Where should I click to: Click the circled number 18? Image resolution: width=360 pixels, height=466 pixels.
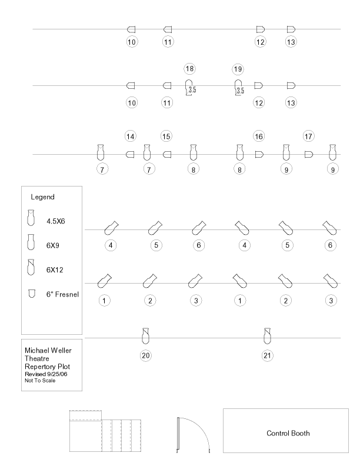(x=189, y=69)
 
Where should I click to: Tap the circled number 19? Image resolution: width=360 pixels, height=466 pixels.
(x=238, y=69)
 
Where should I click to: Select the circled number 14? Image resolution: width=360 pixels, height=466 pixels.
(x=131, y=137)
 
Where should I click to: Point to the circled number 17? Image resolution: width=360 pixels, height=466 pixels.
(x=309, y=137)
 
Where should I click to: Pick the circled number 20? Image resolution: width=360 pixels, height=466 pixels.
(x=145, y=355)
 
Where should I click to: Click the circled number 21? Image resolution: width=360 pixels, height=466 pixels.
(x=267, y=355)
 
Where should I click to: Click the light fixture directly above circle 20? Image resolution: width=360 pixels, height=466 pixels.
(x=145, y=336)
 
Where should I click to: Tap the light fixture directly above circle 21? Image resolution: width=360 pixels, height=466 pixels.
(x=267, y=336)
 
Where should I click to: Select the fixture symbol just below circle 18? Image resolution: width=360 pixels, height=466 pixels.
(x=189, y=87)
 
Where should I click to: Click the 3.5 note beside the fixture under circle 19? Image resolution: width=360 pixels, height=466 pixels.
(x=241, y=91)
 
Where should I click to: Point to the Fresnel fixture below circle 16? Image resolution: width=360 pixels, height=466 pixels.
(x=259, y=155)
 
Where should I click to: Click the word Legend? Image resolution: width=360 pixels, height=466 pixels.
(x=43, y=197)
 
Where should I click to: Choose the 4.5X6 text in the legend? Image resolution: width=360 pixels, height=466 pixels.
(x=55, y=221)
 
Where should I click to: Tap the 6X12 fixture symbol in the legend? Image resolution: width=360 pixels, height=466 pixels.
(x=31, y=267)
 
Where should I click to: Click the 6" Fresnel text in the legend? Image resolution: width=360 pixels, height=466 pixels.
(x=63, y=294)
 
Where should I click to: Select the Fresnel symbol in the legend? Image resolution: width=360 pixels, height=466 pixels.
(x=32, y=294)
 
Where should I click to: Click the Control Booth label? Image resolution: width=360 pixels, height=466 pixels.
(x=288, y=433)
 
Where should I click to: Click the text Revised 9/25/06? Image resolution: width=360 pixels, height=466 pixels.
(x=46, y=374)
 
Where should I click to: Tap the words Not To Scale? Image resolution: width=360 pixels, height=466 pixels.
(x=40, y=381)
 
